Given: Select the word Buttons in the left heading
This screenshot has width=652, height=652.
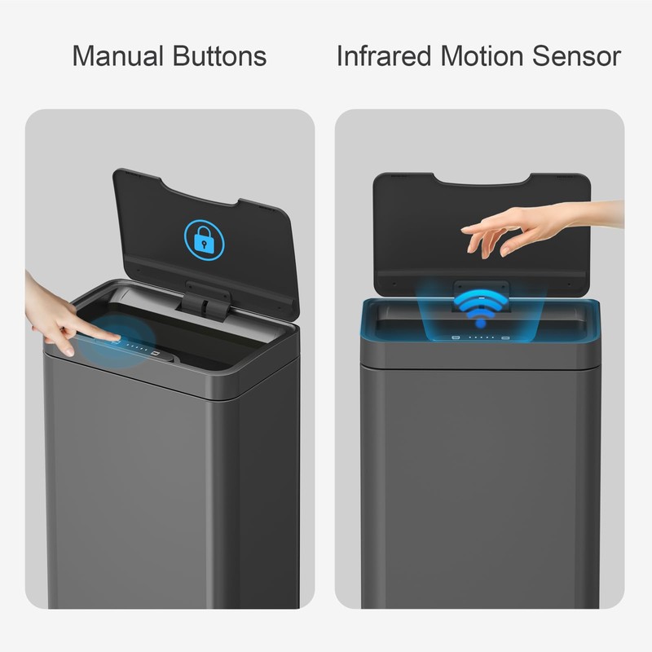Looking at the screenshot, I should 219,56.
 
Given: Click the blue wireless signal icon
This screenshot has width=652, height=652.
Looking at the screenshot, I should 480,307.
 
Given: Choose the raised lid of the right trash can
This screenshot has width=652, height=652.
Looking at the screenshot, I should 481,220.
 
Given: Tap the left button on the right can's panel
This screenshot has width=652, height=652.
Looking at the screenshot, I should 456,337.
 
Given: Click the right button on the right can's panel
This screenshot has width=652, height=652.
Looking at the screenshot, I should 506,337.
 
